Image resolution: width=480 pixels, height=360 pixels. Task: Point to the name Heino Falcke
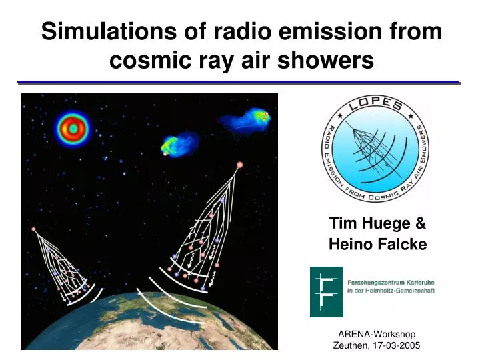[x=377, y=245]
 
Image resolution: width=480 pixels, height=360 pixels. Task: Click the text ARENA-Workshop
[x=377, y=334]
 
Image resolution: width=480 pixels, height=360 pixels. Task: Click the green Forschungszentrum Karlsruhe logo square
[x=326, y=292]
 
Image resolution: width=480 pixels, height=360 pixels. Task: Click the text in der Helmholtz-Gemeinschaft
[x=391, y=291]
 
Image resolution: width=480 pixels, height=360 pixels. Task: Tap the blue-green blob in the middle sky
[x=179, y=144]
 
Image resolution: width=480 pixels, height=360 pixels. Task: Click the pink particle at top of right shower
[x=239, y=164]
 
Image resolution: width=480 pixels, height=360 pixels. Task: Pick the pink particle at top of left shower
[x=33, y=229]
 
